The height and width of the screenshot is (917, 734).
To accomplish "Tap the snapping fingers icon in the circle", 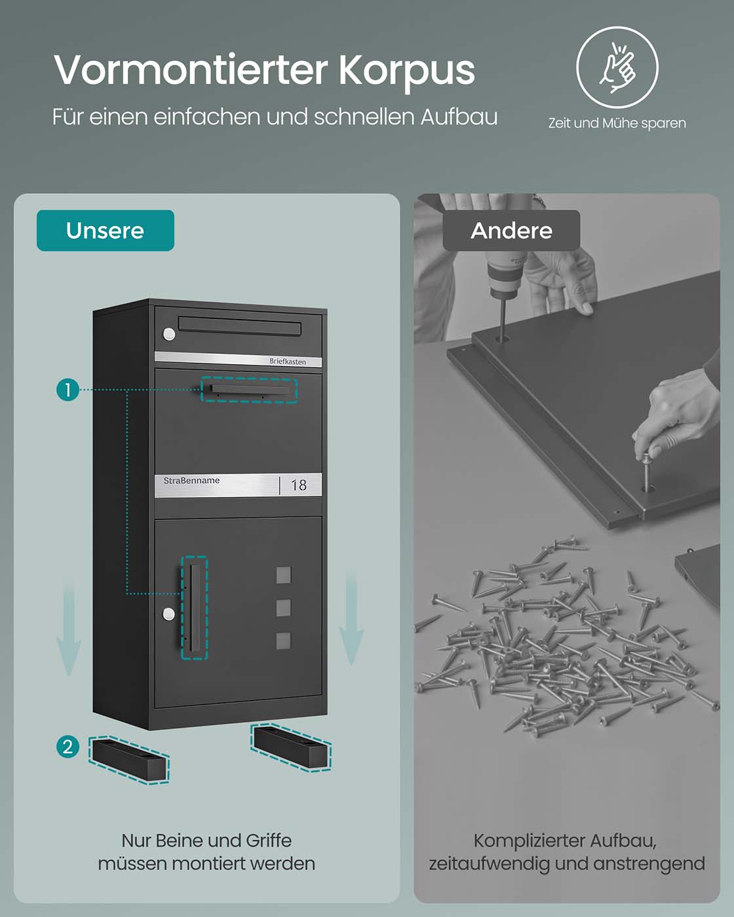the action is point(617,67).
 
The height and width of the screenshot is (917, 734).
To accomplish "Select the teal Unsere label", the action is point(106,231).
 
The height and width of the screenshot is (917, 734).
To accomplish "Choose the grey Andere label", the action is point(511,231).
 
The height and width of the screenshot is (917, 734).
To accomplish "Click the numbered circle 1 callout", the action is point(68,390).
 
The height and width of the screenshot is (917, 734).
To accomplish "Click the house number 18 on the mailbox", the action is point(299,485).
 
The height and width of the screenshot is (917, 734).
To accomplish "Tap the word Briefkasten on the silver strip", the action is point(288,362).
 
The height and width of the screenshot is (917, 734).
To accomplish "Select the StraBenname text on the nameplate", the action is point(191,480).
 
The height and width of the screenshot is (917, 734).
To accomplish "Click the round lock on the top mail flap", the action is point(169,334).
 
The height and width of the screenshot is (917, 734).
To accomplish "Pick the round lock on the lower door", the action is point(169,614).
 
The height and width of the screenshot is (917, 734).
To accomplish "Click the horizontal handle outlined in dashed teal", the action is point(249,390).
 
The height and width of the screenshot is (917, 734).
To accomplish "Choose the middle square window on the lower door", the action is point(284,608).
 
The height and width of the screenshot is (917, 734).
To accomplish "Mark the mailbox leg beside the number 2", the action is point(129,760).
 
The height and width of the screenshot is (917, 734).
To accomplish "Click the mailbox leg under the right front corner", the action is point(291,747).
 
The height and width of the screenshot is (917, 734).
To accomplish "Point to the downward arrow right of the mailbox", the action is point(351,619).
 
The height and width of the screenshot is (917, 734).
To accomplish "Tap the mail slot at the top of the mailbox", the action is point(240,325).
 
